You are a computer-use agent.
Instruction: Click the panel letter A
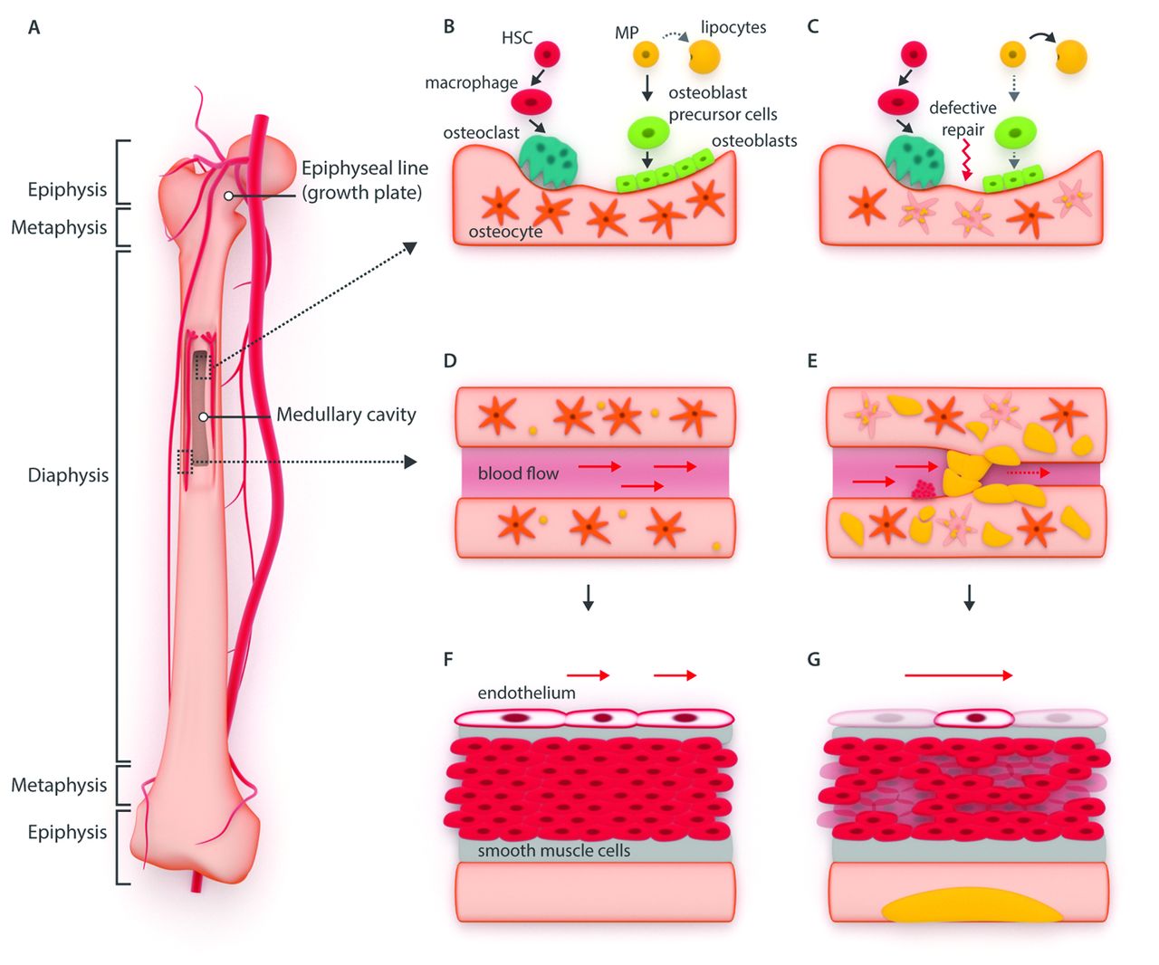coord(34,27)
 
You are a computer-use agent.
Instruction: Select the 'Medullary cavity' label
coord(346,415)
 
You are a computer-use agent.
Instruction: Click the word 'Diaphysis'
coord(68,475)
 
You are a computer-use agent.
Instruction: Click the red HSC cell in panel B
coord(547,54)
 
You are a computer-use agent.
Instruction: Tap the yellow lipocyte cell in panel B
coord(704,57)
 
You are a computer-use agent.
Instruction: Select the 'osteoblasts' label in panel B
coord(754,140)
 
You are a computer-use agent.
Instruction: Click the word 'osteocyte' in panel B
coord(505,232)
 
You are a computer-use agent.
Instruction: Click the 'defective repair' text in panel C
coord(963,119)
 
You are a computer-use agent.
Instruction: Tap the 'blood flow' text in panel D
coord(518,473)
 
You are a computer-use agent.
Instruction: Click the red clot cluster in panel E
coord(924,489)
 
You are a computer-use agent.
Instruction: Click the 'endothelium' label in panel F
coord(526,693)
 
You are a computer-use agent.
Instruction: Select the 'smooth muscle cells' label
coord(553,851)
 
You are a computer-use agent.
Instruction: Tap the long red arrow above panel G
coord(958,675)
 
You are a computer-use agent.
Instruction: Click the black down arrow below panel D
coord(589,597)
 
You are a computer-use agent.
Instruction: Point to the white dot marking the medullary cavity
coord(205,417)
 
